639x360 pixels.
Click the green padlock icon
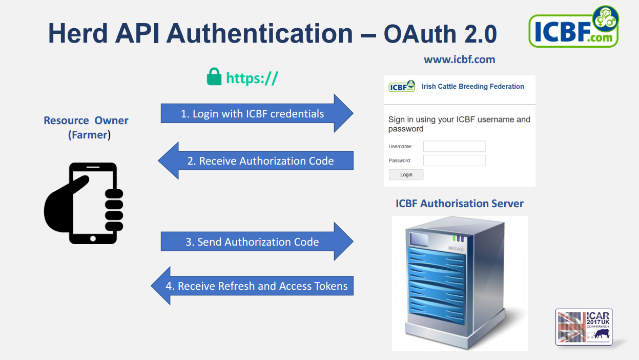tap(214, 76)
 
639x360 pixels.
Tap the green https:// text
tap(252, 78)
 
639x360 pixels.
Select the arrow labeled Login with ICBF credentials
tap(257, 113)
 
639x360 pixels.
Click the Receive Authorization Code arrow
tap(256, 161)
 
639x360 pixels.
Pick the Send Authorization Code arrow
tap(257, 242)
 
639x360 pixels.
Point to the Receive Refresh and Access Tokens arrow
tap(252, 286)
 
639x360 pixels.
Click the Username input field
tap(454, 146)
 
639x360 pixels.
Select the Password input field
tap(454, 161)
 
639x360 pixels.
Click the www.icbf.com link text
tap(459, 59)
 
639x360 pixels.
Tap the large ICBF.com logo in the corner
tap(574, 27)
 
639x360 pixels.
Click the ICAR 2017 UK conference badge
tap(584, 327)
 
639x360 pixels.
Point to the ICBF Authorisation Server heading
tap(459, 204)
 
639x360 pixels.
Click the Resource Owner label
tap(86, 121)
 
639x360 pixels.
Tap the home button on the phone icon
tap(93, 238)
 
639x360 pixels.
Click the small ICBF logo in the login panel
tap(402, 86)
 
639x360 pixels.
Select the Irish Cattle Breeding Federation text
tap(472, 86)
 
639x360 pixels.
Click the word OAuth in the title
tap(420, 34)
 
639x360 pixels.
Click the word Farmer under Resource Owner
tap(89, 135)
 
